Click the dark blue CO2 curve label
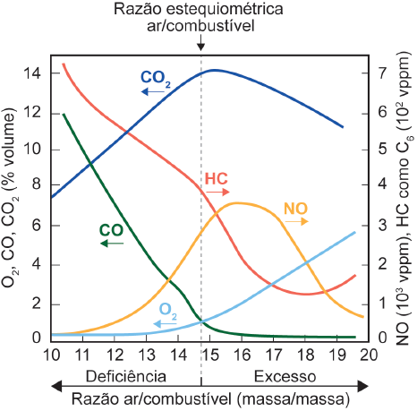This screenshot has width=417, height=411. tap(156, 77)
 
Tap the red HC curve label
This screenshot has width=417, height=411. tap(217, 178)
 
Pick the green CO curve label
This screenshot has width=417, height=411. tap(111, 229)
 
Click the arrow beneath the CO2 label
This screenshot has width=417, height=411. tap(154, 91)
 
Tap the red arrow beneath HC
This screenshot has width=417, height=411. tap(218, 193)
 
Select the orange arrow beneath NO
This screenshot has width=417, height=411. tap(297, 221)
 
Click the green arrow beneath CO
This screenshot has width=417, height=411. tap(111, 243)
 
